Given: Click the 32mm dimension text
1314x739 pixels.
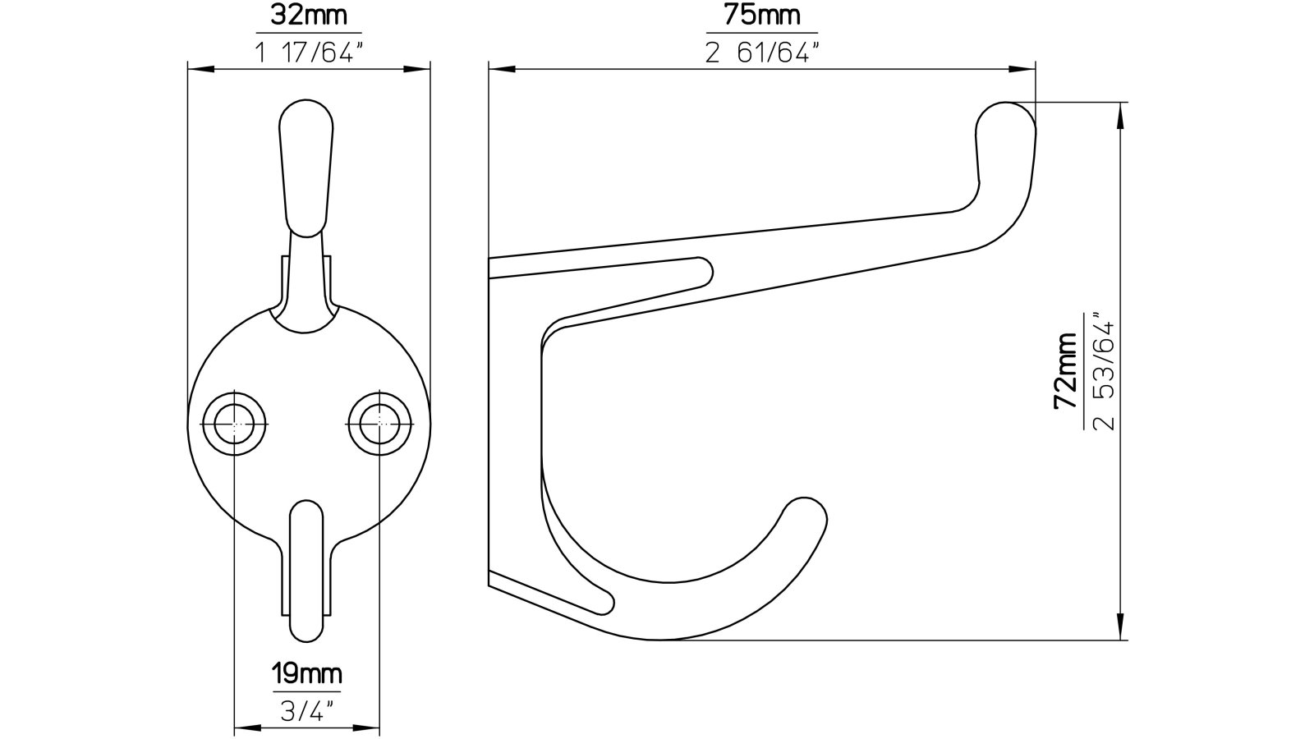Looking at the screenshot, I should tap(308, 15).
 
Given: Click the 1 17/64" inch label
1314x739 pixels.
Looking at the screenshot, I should tap(308, 53).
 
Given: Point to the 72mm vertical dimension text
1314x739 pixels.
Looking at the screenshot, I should tap(1065, 371).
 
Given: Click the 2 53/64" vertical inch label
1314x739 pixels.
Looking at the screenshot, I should tap(1105, 371).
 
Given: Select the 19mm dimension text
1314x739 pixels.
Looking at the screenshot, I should tap(306, 675).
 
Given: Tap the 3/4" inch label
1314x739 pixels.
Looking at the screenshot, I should tap(306, 711).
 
